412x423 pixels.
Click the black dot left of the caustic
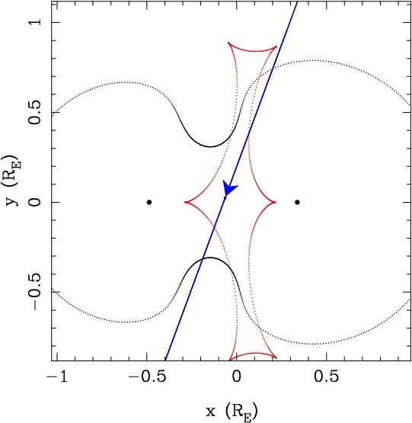[x=149, y=202]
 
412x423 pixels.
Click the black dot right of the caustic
[x=297, y=202]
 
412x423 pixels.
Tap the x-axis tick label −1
[x=57, y=377]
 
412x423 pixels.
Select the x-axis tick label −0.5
[x=147, y=377]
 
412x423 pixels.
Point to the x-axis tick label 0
[x=237, y=377]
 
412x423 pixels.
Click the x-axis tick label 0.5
[x=326, y=377]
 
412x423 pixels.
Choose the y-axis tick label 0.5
[x=35, y=113]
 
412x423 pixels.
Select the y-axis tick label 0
[x=35, y=202]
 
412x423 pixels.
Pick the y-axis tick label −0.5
[x=35, y=292]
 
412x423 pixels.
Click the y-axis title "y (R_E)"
[x=13, y=180]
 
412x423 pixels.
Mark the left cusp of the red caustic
[x=185, y=202]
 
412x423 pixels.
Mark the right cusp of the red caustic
[x=275, y=202]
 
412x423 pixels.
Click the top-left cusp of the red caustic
[x=228, y=43]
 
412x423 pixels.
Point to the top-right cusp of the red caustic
[x=276, y=46]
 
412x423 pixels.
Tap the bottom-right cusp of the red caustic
[x=276, y=357]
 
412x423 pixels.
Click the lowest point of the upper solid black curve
[x=210, y=147]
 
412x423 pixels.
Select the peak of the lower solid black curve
[x=210, y=258]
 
